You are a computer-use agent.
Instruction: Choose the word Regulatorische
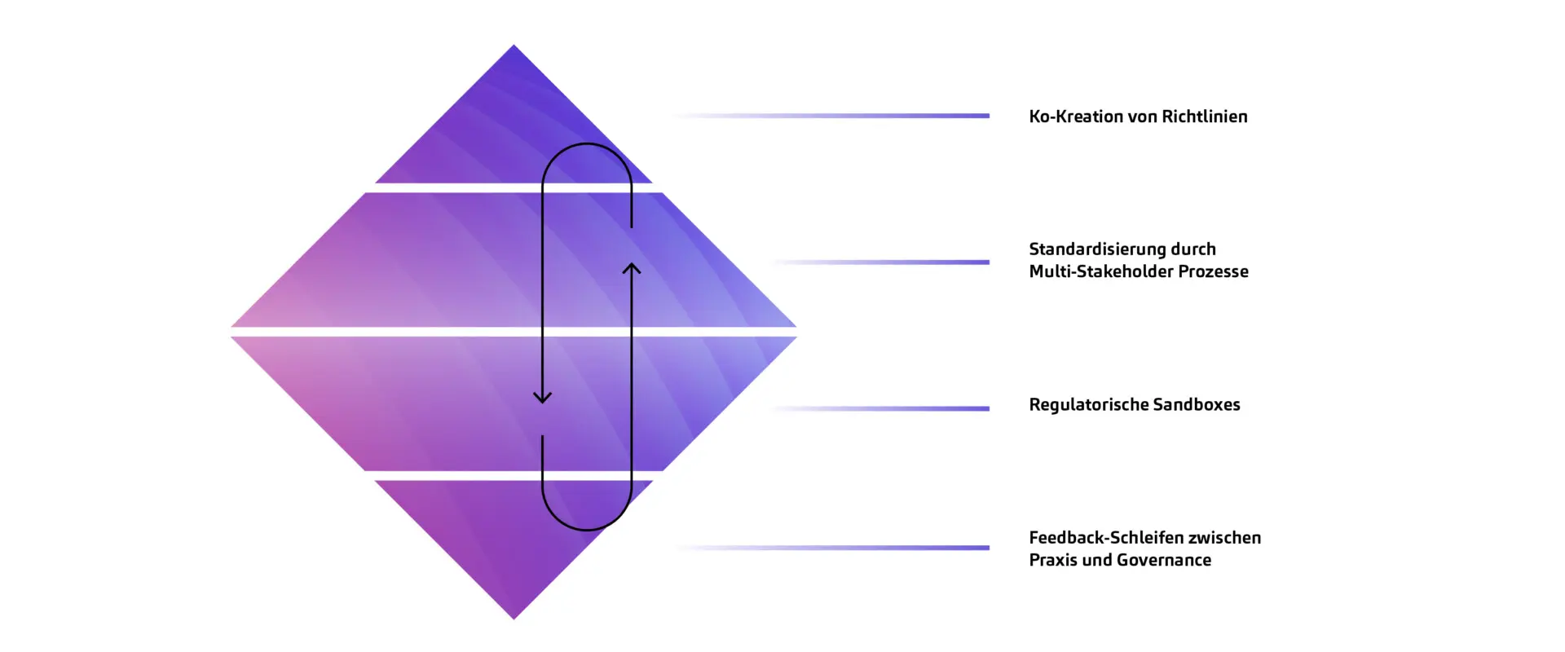point(1088,405)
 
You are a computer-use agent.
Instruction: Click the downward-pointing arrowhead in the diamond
point(543,398)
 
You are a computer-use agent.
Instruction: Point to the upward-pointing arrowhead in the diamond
point(632,267)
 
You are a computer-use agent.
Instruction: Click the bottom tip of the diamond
point(514,617)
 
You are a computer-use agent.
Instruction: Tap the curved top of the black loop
point(587,144)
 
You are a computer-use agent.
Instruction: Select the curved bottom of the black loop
point(587,530)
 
